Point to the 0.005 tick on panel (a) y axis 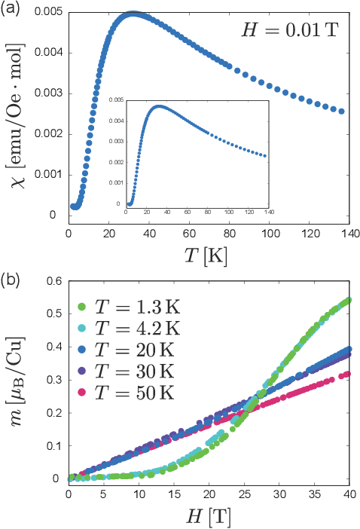[x=47, y=13]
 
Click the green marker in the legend [x=82, y=307]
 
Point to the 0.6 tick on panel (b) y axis [x=52, y=280]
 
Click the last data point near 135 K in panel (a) [x=341, y=112]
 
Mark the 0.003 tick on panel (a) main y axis [x=47, y=94]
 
